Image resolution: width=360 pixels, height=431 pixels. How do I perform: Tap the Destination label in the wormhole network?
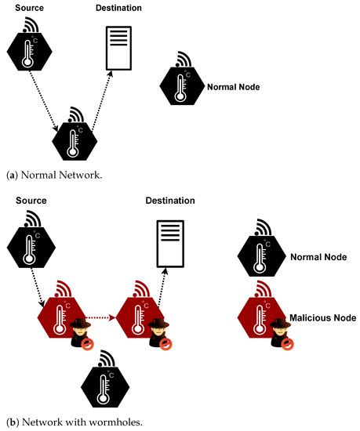pyautogui.click(x=170, y=201)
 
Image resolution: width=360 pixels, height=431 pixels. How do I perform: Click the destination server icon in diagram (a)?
pyautogui.click(x=119, y=49)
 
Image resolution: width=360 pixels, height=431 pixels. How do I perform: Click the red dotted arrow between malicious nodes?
pyautogui.click(x=102, y=317)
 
